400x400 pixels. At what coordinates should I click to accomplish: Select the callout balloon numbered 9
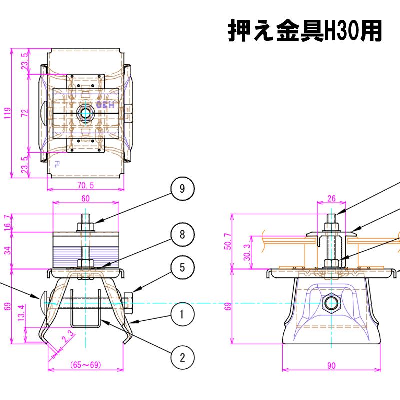[x=182, y=188]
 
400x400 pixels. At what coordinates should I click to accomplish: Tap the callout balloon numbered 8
[x=182, y=235]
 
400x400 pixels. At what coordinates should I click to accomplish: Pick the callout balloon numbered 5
[x=182, y=267]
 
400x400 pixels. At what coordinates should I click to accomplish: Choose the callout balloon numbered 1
[x=182, y=314]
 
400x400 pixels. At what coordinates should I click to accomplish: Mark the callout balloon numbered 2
[x=182, y=357]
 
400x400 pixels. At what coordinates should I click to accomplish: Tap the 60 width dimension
[x=85, y=198]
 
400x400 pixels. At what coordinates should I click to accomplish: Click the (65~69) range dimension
[x=85, y=365]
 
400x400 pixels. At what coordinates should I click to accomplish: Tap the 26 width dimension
[x=331, y=198]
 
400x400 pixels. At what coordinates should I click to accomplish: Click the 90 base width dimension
[x=331, y=365]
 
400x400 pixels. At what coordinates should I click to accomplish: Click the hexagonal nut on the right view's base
[x=331, y=302]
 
